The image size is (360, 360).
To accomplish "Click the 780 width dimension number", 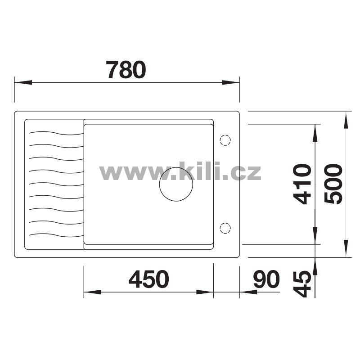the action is (126, 69).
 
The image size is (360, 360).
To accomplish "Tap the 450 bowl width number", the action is (149, 279).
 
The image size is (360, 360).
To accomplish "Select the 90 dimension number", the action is (266, 279).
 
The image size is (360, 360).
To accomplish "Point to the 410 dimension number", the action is (302, 184).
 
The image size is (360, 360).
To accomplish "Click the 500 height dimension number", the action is (333, 184).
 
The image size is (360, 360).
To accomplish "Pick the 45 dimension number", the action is (302, 284).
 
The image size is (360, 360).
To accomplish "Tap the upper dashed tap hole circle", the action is (225, 140).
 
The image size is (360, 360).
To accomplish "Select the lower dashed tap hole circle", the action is (225, 228).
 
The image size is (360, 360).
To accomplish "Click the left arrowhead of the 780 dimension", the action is (23, 82).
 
